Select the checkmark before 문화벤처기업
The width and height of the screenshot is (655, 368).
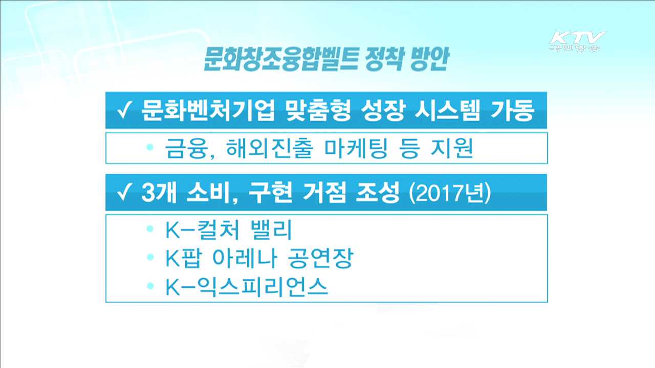(x=124, y=110)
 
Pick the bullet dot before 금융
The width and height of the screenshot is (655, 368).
(x=149, y=147)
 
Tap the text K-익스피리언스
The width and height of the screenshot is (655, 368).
(x=246, y=288)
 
